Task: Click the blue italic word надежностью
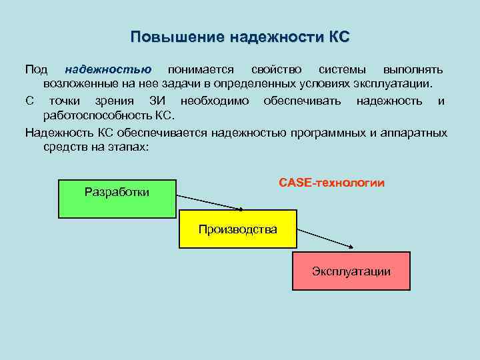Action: (x=108, y=69)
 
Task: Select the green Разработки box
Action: (x=117, y=199)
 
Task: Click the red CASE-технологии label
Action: (x=331, y=182)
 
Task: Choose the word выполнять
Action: (x=413, y=69)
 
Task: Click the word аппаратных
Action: (x=417, y=132)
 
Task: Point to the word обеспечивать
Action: (x=303, y=101)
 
